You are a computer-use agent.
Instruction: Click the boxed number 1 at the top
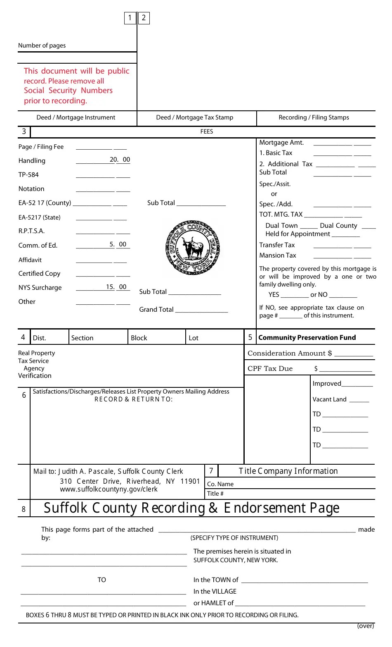[130, 18]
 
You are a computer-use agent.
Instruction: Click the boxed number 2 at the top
[144, 18]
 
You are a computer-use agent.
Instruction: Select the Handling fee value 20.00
[120, 160]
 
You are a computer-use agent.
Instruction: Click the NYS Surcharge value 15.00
[116, 287]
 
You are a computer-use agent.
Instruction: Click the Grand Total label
[156, 310]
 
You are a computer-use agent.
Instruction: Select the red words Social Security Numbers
[68, 91]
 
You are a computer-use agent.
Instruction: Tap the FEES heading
[206, 131]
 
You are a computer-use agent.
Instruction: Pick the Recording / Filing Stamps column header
[314, 117]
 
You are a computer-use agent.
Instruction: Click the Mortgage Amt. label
[281, 143]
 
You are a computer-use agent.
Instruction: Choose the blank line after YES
[295, 295]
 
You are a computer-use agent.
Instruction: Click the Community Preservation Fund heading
[307, 337]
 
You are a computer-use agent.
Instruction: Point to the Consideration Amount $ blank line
[354, 354]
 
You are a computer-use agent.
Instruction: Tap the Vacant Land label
[329, 399]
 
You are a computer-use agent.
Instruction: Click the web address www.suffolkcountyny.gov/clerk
[109, 489]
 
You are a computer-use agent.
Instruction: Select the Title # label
[215, 494]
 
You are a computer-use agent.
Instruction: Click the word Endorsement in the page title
[262, 508]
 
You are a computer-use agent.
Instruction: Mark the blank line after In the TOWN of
[304, 580]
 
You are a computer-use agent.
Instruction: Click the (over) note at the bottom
[366, 626]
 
